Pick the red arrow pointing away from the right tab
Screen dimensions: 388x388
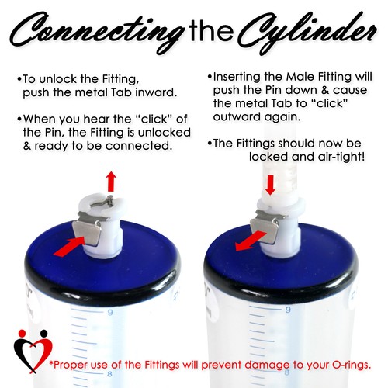point(249,237)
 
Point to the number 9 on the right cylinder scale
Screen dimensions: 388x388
point(286,313)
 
